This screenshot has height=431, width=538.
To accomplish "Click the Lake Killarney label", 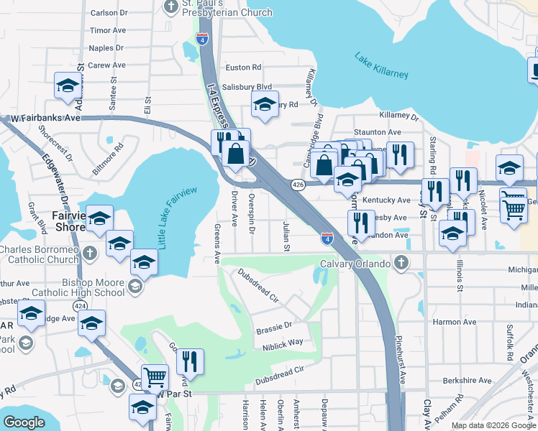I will tap(381, 65).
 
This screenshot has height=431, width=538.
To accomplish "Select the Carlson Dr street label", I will tap(109, 13).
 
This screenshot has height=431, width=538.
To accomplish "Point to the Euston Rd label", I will tap(243, 68).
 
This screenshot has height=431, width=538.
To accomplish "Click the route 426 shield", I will tap(298, 185).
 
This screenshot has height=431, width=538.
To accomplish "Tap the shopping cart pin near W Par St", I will tap(155, 376).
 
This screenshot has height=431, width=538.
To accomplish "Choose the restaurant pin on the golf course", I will tap(190, 359).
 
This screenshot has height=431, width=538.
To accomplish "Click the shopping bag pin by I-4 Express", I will tap(235, 152).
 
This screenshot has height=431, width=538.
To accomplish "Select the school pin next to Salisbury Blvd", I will tap(265, 104).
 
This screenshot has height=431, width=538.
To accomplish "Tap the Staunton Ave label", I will tap(385, 132).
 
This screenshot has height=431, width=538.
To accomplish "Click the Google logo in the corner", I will tap(24, 422).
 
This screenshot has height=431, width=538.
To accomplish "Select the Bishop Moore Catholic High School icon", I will tap(134, 287).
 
